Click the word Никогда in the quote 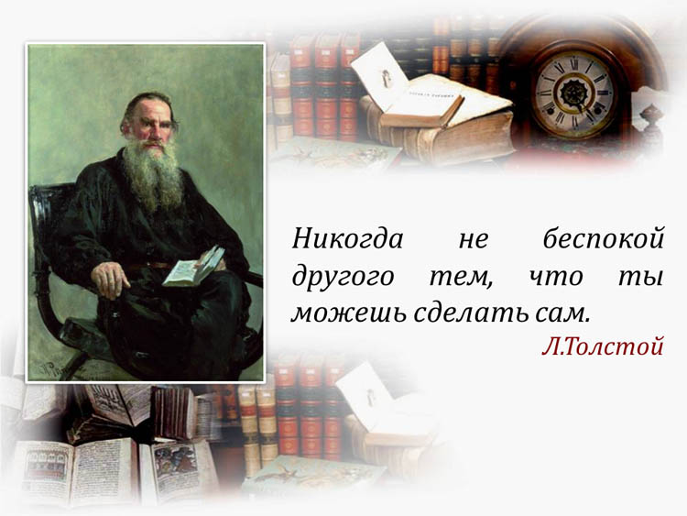[347, 239]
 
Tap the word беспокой [604, 239]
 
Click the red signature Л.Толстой [603, 346]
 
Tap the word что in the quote [556, 277]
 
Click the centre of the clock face [572, 93]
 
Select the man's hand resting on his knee [109, 280]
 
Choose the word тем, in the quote [461, 279]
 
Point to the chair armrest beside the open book [251, 279]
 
